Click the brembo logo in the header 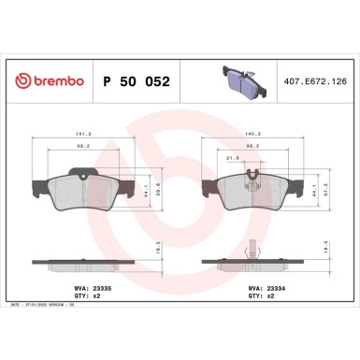point(46,82)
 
